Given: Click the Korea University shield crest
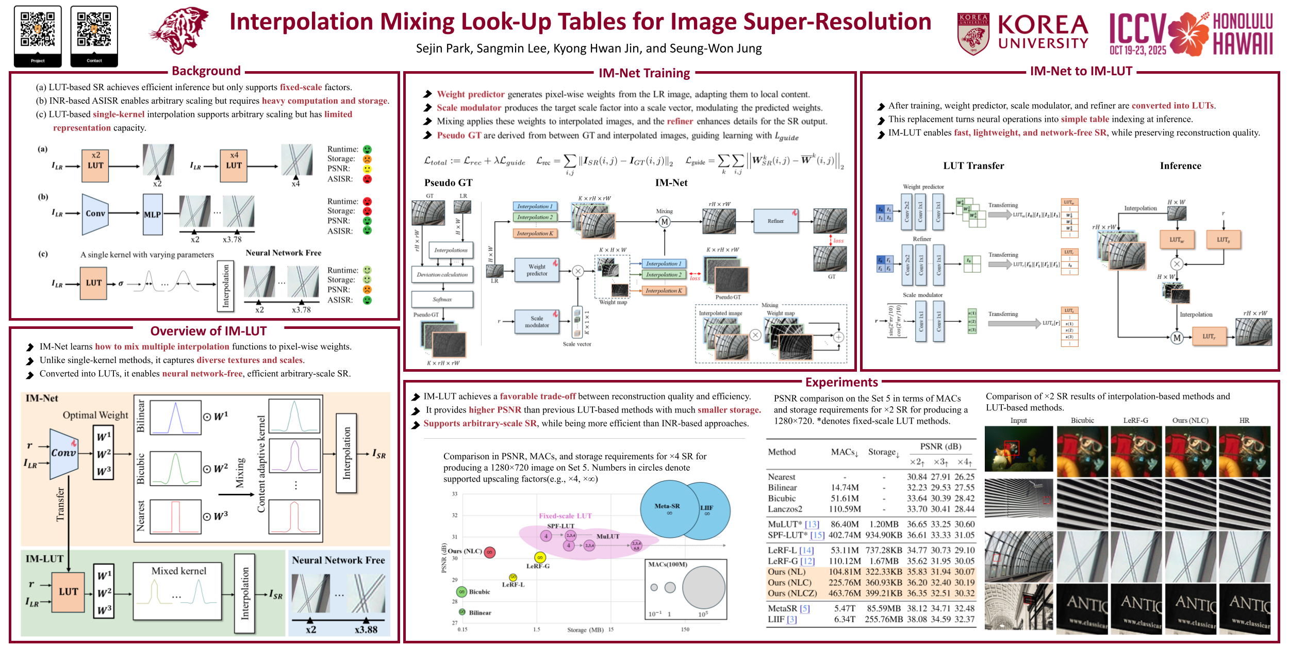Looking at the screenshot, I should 973,34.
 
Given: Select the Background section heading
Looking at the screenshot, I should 206,71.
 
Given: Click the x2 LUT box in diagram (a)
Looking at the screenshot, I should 95,166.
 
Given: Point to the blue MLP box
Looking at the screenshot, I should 153,214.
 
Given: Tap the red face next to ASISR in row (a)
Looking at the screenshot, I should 367,179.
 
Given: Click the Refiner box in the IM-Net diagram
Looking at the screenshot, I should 775,221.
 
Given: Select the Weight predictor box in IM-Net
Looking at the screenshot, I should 537,270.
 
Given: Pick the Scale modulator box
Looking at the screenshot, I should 537,322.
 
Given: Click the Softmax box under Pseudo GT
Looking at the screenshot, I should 442,300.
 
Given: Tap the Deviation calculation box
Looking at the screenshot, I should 442,275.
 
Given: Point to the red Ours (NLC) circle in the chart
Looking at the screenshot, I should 489,552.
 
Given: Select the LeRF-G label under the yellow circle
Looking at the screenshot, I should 538,566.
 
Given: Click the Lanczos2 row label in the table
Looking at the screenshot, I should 785,509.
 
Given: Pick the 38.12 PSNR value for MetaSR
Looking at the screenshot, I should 916,609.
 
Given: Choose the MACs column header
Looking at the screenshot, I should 844,452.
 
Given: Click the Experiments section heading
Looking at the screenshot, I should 841,382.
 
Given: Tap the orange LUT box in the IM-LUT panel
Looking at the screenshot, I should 68,592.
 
